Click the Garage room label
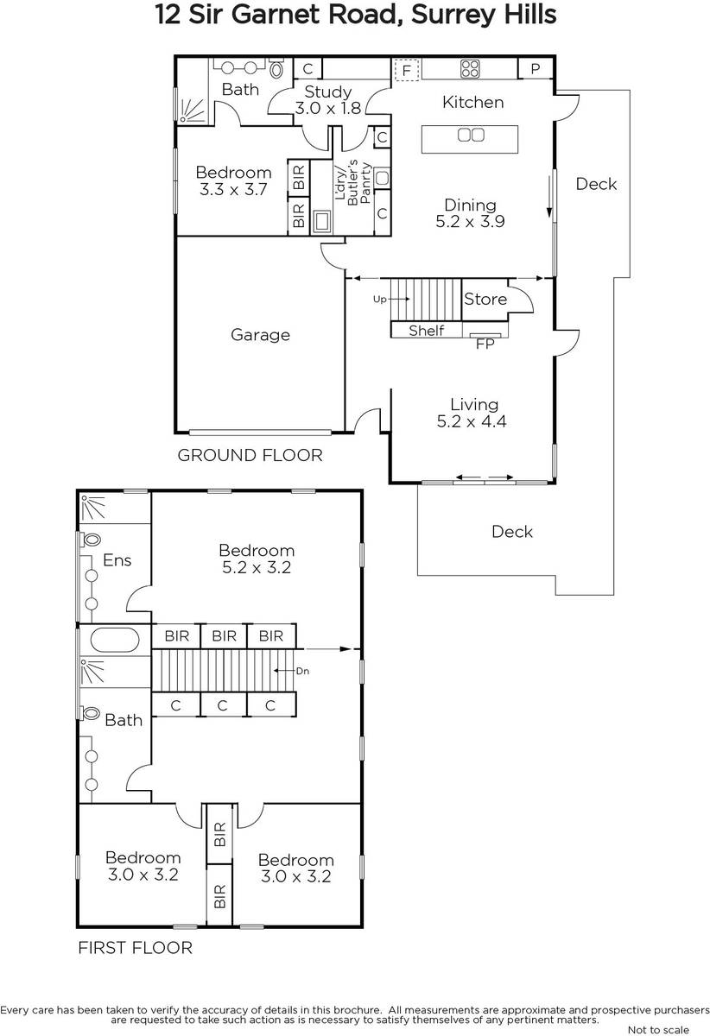pos(260,335)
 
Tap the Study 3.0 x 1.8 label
pos(327,100)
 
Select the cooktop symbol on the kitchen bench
pos(470,69)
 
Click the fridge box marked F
pos(406,70)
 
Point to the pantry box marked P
pos(535,68)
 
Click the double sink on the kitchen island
pos(471,135)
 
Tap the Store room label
pos(485,300)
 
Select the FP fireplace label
pos(485,344)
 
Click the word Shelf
pos(427,330)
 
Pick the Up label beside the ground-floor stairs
pos(379,300)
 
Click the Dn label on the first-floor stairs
pos(302,671)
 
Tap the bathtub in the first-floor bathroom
pos(114,640)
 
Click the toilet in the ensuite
pos(92,540)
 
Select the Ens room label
pos(117,560)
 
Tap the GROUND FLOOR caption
pos(250,456)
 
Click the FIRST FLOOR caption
pos(135,948)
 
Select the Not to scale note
pos(658,1030)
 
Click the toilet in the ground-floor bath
pos(276,69)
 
